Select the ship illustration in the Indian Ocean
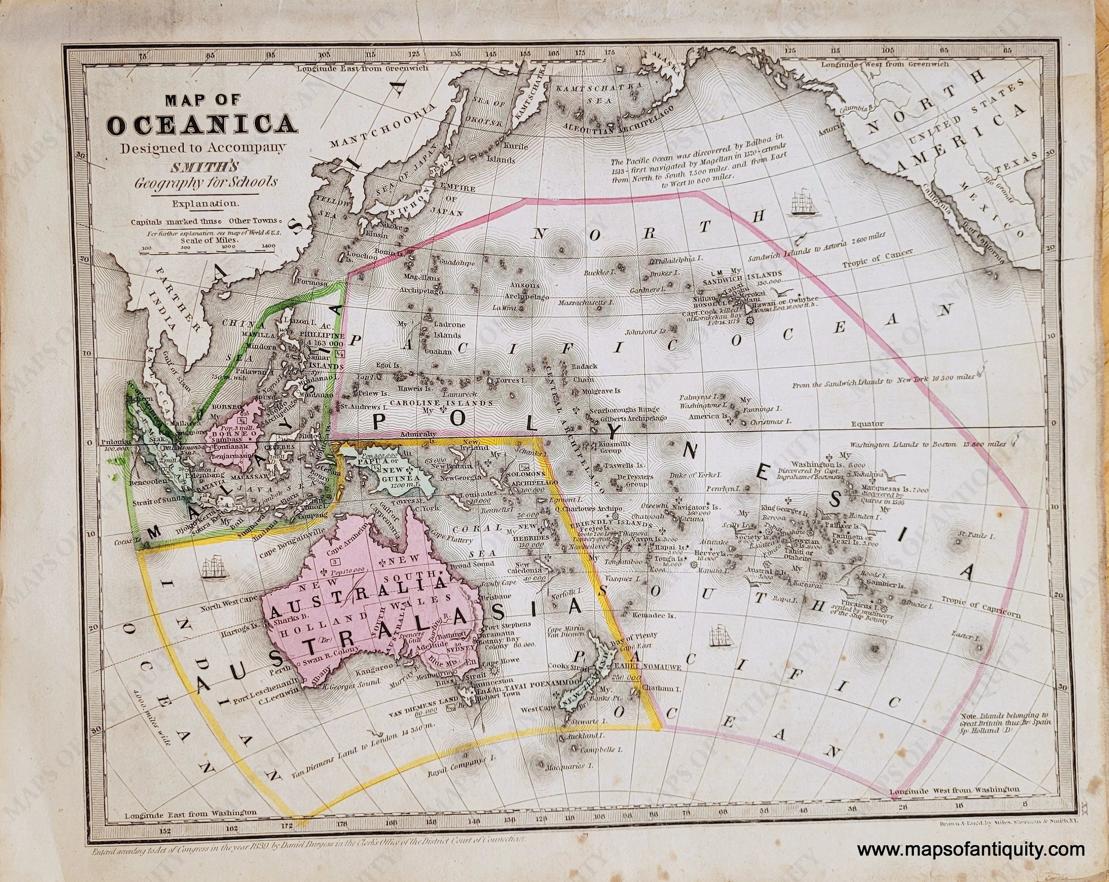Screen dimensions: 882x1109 215,567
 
